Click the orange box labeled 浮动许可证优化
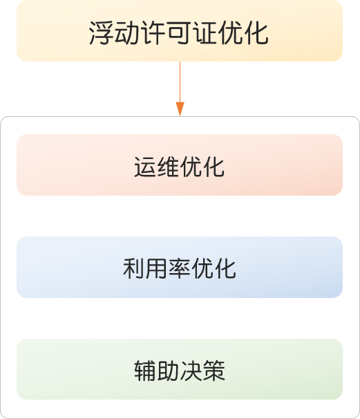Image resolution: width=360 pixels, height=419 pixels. pos(180,30)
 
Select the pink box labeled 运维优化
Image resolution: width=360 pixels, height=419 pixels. pos(180,165)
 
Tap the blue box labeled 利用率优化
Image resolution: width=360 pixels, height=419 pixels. pos(180,267)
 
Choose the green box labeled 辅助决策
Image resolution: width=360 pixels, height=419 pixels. pos(180,369)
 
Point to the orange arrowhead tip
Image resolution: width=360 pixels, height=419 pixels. pos(180,116)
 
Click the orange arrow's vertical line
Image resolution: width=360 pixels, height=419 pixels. pos(180,82)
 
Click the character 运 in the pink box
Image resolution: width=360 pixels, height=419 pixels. pos(145,167)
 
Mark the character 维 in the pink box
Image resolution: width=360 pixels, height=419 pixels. pos(168,167)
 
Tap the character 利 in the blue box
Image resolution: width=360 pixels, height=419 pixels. pos(133,269)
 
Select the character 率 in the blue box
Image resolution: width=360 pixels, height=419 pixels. pos(180,269)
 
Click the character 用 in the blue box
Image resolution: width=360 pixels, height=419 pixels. pos(156,269)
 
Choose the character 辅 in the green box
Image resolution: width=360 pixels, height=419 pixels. pos(145,371)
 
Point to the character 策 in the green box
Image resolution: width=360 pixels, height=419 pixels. pos(214,371)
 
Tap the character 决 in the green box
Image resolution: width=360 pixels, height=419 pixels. pos(191,371)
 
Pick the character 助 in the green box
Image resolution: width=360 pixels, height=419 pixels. pos(168,371)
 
